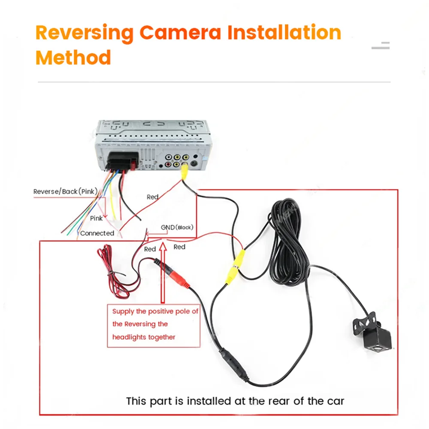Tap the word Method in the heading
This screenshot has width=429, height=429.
pos(73,57)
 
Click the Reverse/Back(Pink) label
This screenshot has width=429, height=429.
pos(66,191)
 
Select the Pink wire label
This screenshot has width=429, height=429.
pos(96,218)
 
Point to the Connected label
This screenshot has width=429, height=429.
pos(97,233)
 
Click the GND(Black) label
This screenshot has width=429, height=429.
pos(177,227)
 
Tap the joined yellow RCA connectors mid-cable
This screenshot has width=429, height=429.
pos(236,266)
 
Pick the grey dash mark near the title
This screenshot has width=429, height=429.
pos(380,45)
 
